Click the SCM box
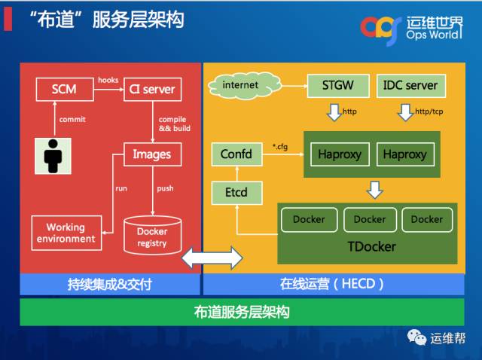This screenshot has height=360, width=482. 64,90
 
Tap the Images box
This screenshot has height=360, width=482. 151,154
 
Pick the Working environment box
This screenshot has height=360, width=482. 66,233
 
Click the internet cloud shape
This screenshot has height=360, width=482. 240,84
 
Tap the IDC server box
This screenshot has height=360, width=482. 410,85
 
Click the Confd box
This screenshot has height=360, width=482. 236,154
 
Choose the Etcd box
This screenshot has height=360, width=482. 236,193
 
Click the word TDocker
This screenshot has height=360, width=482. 371,246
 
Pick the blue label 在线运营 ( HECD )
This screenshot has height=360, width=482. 332,284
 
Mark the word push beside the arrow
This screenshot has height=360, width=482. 165,188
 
